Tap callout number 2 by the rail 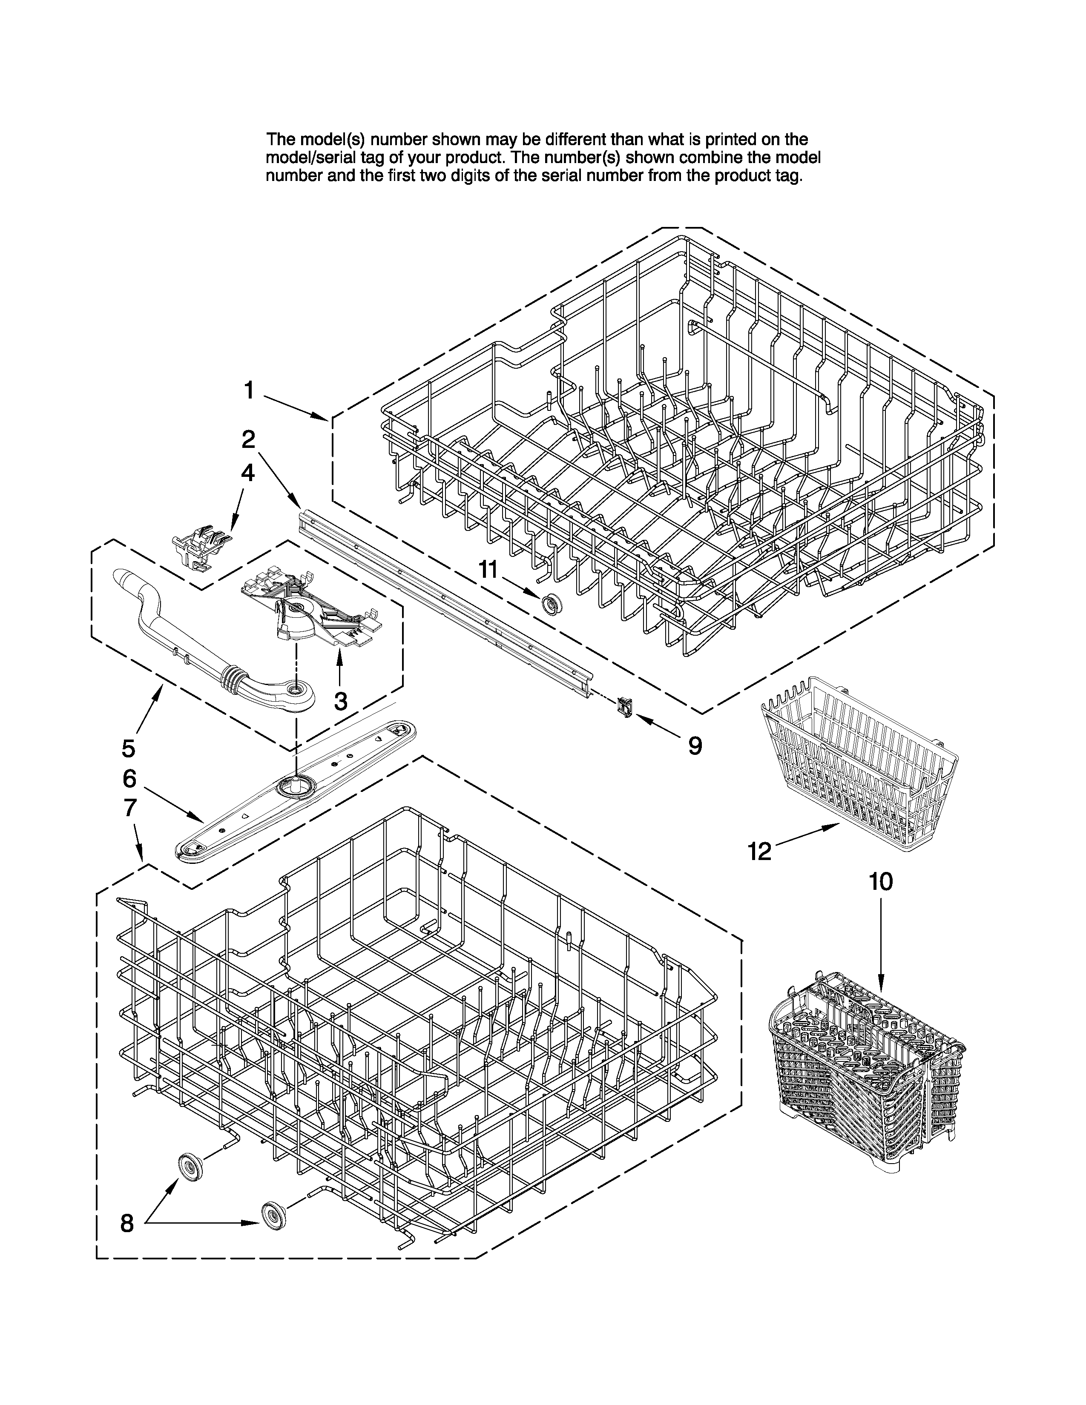pyautogui.click(x=248, y=439)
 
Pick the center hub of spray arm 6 pyautogui.click(x=295, y=785)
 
